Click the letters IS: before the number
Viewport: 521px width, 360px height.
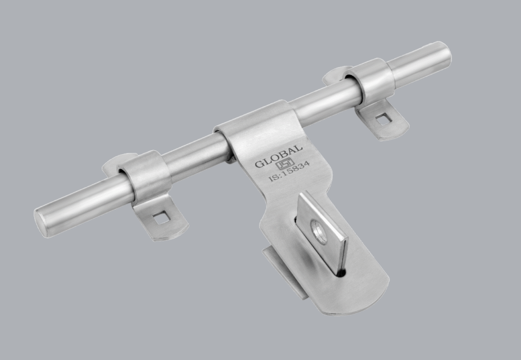point(274,177)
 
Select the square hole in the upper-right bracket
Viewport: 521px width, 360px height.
point(384,119)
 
